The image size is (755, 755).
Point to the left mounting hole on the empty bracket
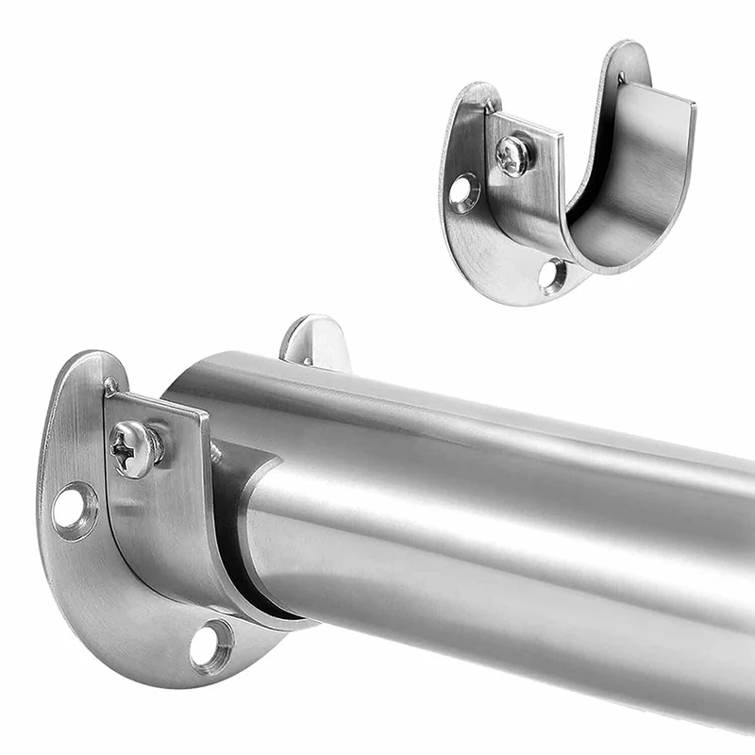(462, 192)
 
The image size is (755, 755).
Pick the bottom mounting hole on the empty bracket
(553, 276)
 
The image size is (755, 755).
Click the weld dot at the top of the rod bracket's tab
(112, 385)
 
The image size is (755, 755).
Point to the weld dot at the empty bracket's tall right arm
(621, 77)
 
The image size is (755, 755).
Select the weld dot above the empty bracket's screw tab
(492, 108)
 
